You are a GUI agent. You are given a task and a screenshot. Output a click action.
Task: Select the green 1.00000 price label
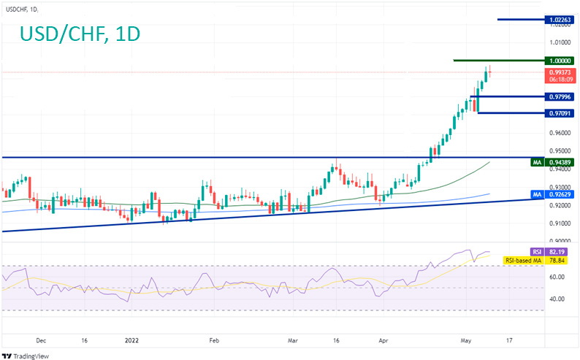[560, 60]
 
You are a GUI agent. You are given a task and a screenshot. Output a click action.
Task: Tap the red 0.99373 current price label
[560, 72]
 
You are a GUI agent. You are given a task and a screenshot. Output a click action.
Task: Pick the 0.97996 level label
[560, 96]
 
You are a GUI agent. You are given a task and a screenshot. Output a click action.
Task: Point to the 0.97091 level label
[560, 113]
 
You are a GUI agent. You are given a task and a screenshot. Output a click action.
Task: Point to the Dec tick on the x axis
[41, 340]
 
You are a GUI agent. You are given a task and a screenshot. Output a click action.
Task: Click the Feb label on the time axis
[214, 340]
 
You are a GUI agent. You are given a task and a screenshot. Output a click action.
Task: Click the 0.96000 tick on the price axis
[559, 133]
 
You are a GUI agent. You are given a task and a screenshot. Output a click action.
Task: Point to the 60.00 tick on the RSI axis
[557, 277]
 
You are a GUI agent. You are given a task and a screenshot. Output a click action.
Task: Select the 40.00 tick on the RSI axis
[557, 299]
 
